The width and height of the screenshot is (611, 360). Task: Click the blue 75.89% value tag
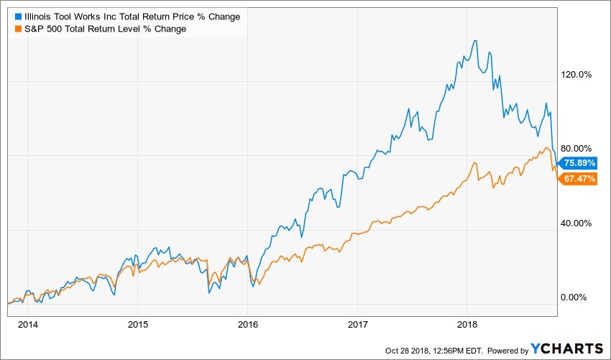point(579,162)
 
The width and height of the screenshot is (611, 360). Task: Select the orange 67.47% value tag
point(579,178)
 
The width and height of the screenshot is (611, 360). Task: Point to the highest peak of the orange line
point(547,148)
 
